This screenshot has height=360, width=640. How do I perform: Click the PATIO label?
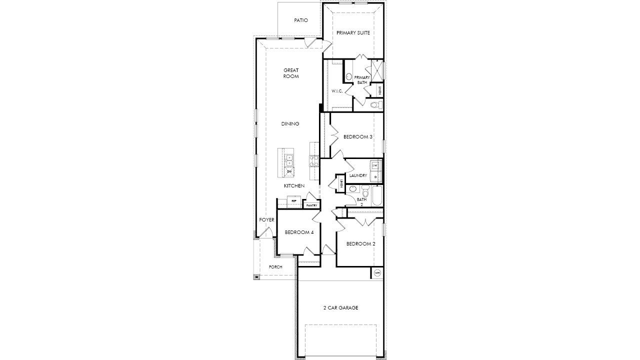(x=301, y=20)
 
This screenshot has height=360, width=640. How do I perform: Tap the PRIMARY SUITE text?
(x=353, y=33)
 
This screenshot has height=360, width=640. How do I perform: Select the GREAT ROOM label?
(x=291, y=73)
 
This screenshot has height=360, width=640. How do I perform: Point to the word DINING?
(x=290, y=124)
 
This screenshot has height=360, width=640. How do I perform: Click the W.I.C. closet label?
(x=337, y=91)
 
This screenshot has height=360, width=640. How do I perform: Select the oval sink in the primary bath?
(x=348, y=77)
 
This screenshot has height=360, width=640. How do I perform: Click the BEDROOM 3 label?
(x=357, y=136)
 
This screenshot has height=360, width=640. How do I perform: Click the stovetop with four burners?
(x=314, y=160)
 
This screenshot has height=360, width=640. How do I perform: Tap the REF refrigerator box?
(x=293, y=201)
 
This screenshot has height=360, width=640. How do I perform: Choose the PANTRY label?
(x=311, y=205)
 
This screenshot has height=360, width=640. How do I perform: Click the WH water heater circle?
(x=377, y=273)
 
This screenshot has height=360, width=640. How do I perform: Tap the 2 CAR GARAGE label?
(x=340, y=308)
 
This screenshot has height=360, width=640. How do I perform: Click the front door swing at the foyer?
(x=267, y=232)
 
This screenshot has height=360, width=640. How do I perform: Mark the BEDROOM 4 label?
(x=299, y=232)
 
